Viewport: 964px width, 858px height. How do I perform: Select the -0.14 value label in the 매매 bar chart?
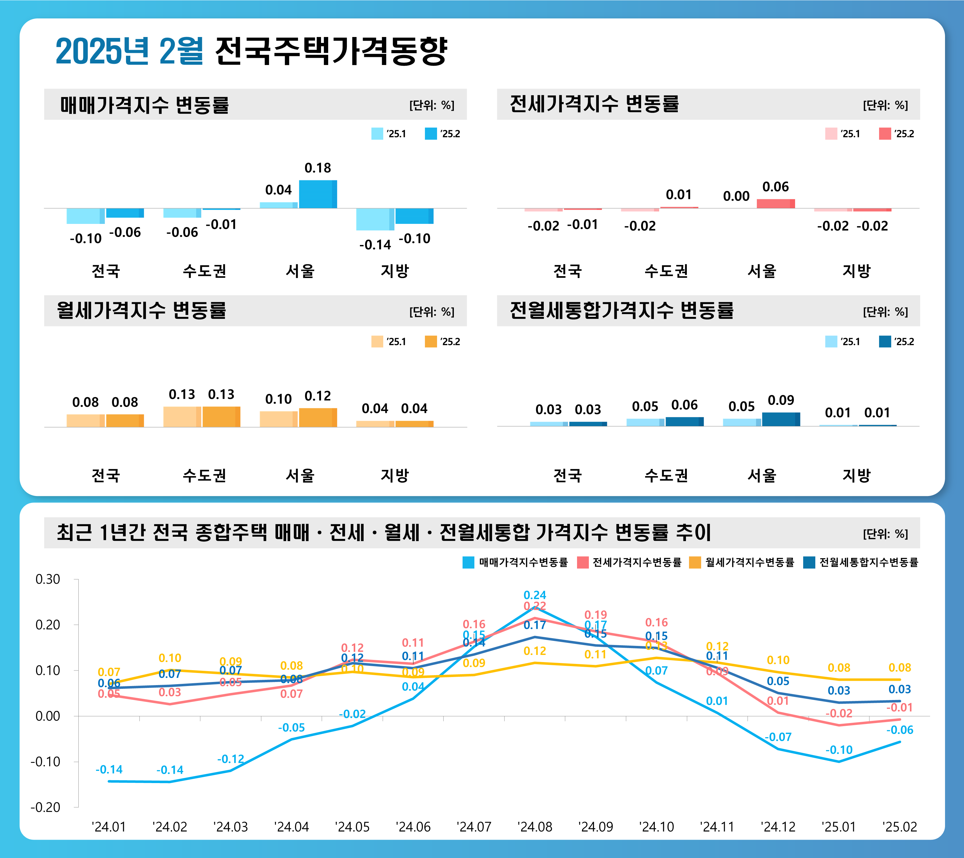click(x=375, y=245)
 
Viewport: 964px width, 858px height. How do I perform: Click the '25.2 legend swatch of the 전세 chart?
click(x=885, y=134)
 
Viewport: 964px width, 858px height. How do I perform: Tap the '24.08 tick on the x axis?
click(x=534, y=827)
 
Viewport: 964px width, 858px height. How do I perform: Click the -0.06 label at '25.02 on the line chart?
click(x=899, y=730)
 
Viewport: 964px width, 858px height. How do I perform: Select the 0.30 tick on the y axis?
click(x=48, y=579)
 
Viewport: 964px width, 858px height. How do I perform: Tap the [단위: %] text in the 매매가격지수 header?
click(x=431, y=105)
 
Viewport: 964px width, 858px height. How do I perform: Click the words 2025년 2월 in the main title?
click(x=129, y=51)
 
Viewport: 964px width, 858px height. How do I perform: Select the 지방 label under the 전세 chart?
click(x=856, y=271)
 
